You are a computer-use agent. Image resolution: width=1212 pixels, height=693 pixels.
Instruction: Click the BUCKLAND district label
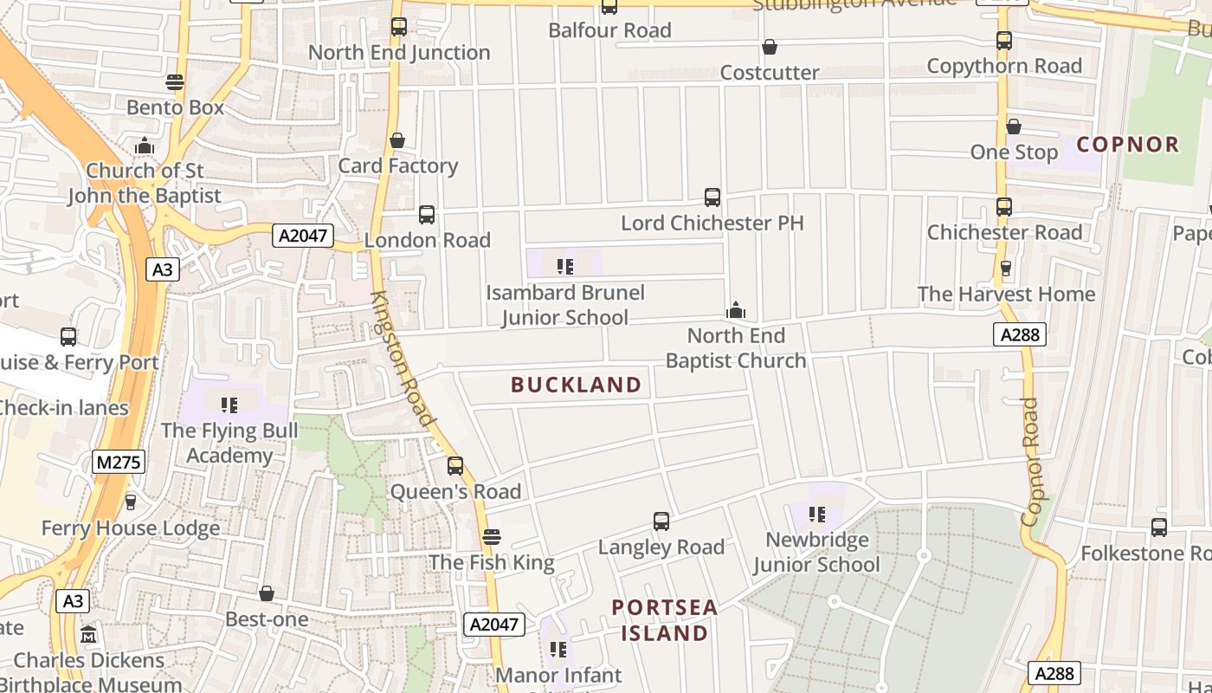pyautogui.click(x=577, y=385)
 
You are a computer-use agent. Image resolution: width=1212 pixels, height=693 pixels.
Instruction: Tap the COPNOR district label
pyautogui.click(x=1129, y=144)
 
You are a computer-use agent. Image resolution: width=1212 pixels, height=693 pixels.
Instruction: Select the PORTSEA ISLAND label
pyautogui.click(x=665, y=620)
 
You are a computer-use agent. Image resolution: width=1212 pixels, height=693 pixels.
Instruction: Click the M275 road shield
pyautogui.click(x=119, y=462)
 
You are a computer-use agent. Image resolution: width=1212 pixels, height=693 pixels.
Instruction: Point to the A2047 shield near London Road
pyautogui.click(x=303, y=235)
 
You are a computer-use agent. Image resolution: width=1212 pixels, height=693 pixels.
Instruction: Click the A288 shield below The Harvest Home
pyautogui.click(x=1020, y=334)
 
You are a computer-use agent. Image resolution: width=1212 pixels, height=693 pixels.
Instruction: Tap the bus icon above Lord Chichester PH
pyautogui.click(x=712, y=198)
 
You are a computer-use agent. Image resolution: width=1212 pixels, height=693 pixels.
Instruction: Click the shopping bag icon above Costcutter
pyautogui.click(x=769, y=47)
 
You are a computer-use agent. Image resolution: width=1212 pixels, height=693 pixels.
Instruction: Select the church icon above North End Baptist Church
pyautogui.click(x=736, y=310)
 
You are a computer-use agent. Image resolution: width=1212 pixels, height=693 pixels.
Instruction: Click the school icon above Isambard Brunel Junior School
pyautogui.click(x=565, y=266)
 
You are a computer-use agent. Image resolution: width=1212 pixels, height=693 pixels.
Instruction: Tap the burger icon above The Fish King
pyautogui.click(x=492, y=537)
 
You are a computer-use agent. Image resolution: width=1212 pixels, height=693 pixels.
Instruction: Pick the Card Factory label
pyautogui.click(x=398, y=165)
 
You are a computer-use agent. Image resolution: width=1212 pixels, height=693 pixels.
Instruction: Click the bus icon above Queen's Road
pyautogui.click(x=455, y=466)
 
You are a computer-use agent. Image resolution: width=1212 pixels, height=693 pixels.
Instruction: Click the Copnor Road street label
pyautogui.click(x=1029, y=461)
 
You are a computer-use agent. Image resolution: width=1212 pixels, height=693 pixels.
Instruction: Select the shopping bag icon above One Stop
pyautogui.click(x=1013, y=127)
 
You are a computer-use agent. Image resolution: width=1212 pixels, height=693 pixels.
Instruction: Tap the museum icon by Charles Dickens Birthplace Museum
pyautogui.click(x=88, y=635)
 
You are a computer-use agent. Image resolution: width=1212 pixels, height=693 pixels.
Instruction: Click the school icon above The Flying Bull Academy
pyautogui.click(x=229, y=405)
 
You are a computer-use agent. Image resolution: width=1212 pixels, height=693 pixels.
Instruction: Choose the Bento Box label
pyautogui.click(x=176, y=107)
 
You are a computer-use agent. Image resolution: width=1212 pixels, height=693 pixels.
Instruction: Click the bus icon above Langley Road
pyautogui.click(x=661, y=521)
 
